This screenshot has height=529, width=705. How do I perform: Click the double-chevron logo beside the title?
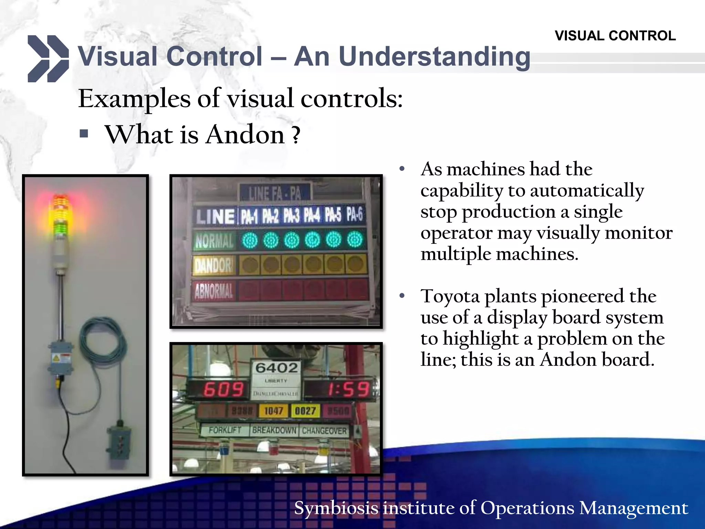click(x=48, y=59)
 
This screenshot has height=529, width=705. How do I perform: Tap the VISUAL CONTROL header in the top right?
click(x=615, y=36)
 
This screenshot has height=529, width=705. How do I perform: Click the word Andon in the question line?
click(x=245, y=135)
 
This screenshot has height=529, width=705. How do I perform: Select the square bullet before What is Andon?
click(x=84, y=133)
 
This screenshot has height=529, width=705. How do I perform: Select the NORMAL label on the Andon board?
click(x=214, y=240)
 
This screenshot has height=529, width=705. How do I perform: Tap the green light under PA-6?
click(x=355, y=240)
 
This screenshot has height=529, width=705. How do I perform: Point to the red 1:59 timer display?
click(x=348, y=390)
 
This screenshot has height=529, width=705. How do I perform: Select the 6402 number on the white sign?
click(x=276, y=368)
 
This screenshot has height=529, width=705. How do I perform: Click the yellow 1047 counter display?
click(x=274, y=411)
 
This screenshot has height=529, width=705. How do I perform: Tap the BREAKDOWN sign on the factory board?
click(x=274, y=430)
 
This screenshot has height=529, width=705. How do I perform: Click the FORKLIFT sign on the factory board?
click(x=225, y=430)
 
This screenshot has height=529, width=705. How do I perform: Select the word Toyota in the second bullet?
click(x=450, y=296)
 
